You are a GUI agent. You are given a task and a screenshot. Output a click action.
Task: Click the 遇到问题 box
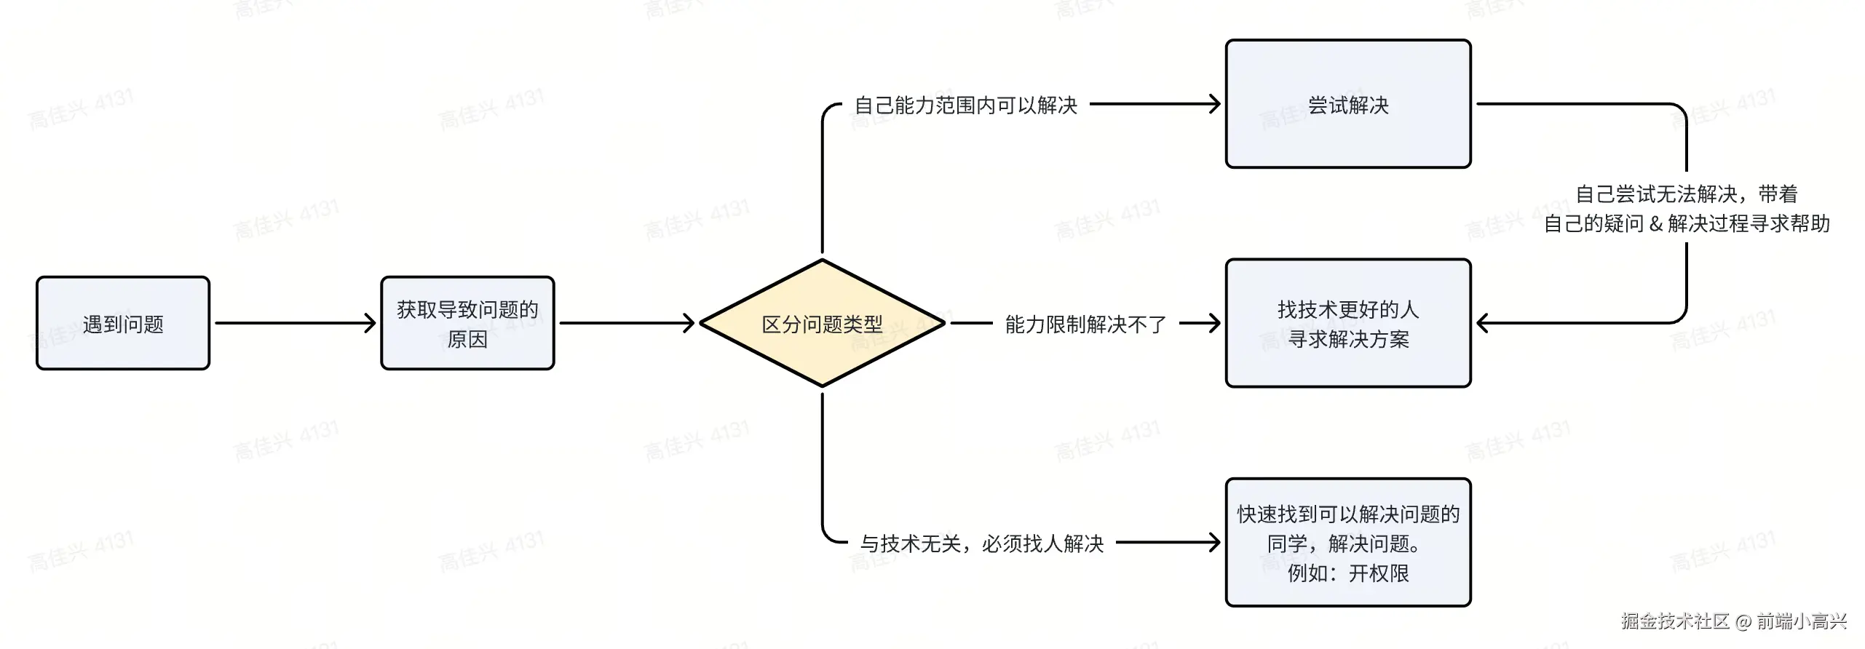tap(123, 323)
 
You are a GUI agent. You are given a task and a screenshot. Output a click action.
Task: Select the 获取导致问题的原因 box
tap(467, 323)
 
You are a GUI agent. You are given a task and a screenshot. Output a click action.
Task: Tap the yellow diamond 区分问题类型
tap(822, 323)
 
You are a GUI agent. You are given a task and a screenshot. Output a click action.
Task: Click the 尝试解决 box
tap(1347, 104)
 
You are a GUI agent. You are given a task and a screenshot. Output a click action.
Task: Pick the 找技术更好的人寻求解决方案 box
tap(1347, 323)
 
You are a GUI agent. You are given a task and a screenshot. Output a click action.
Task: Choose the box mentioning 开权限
tap(1347, 543)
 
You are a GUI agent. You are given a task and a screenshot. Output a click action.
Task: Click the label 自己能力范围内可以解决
tap(965, 105)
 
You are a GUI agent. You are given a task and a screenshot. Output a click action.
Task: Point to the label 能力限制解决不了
tap(1085, 324)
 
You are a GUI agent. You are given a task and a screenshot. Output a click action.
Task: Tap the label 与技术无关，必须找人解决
tap(982, 544)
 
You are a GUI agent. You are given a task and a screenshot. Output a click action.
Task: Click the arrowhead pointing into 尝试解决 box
tap(1215, 104)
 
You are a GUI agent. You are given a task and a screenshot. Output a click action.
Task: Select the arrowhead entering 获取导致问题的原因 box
tap(371, 323)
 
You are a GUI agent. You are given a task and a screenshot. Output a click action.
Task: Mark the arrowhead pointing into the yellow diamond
tap(689, 323)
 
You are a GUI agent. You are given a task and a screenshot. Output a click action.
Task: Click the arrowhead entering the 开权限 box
tap(1215, 543)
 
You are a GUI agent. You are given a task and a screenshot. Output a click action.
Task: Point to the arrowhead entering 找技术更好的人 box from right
tap(1483, 323)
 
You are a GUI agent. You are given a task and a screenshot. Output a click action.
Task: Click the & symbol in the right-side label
tap(1655, 224)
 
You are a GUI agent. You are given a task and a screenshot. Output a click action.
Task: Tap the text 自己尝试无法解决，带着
tap(1686, 194)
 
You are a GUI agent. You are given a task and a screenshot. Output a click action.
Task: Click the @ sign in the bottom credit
tap(1743, 621)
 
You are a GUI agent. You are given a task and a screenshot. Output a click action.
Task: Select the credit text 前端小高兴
tap(1802, 621)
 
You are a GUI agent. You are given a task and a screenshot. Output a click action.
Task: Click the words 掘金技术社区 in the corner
tap(1675, 621)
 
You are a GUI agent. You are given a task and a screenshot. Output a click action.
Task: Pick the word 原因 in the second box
tap(467, 339)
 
